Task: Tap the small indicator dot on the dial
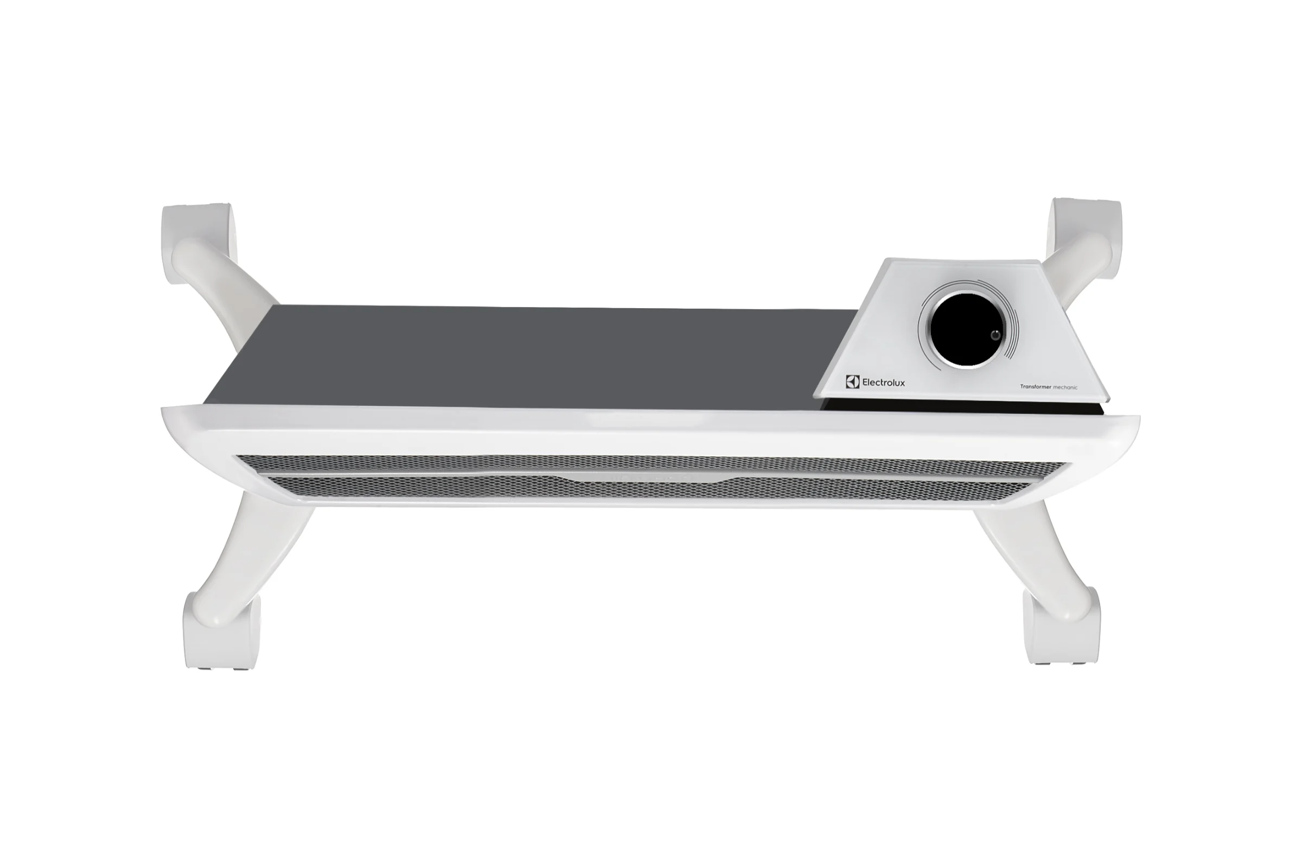pyautogui.click(x=995, y=335)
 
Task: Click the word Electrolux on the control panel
pyautogui.click(x=884, y=382)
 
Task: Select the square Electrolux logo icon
pyautogui.click(x=852, y=382)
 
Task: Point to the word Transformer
pyautogui.click(x=1036, y=387)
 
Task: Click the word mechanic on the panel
pyautogui.click(x=1065, y=387)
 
